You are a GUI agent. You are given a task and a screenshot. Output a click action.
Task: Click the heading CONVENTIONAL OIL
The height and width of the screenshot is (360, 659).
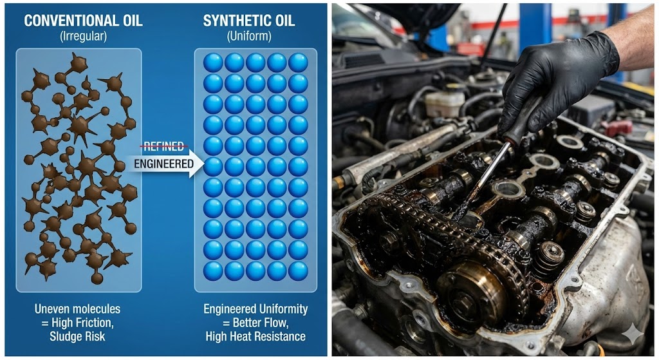coord(83,21)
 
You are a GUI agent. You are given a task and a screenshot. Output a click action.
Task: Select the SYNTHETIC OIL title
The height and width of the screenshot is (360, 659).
coord(249,21)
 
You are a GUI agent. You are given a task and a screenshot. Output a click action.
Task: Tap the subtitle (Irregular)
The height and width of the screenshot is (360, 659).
coord(83,37)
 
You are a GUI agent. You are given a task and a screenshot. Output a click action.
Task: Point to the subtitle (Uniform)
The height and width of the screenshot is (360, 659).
coord(249,37)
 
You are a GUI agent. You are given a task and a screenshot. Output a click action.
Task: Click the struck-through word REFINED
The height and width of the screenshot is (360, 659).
coord(163,146)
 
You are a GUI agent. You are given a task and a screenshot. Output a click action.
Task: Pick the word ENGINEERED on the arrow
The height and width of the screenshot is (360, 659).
coord(163,164)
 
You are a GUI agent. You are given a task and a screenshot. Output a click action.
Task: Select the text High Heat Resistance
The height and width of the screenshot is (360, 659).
coord(255,337)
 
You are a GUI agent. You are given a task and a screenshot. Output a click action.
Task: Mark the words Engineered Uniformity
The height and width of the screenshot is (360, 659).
coord(255,309)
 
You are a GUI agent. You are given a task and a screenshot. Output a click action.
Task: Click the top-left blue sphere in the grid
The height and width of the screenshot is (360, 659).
coord(213,62)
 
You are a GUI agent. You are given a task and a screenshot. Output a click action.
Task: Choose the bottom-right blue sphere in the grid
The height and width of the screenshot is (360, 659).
coord(298,270)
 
